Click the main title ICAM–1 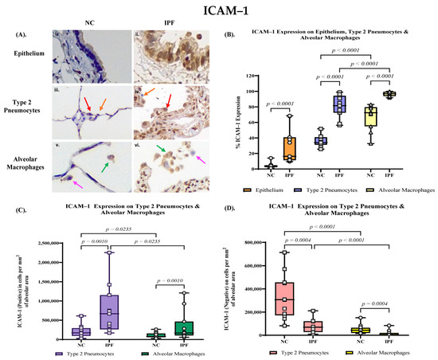[219, 12]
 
